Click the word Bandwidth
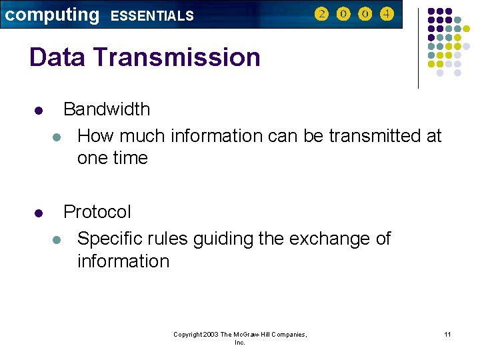click(107, 109)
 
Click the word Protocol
click(97, 212)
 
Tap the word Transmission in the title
click(177, 57)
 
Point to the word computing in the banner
click(51, 15)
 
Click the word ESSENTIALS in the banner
click(152, 15)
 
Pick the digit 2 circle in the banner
click(321, 14)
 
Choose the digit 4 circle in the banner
click(387, 14)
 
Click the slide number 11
click(447, 334)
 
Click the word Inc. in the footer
click(240, 343)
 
